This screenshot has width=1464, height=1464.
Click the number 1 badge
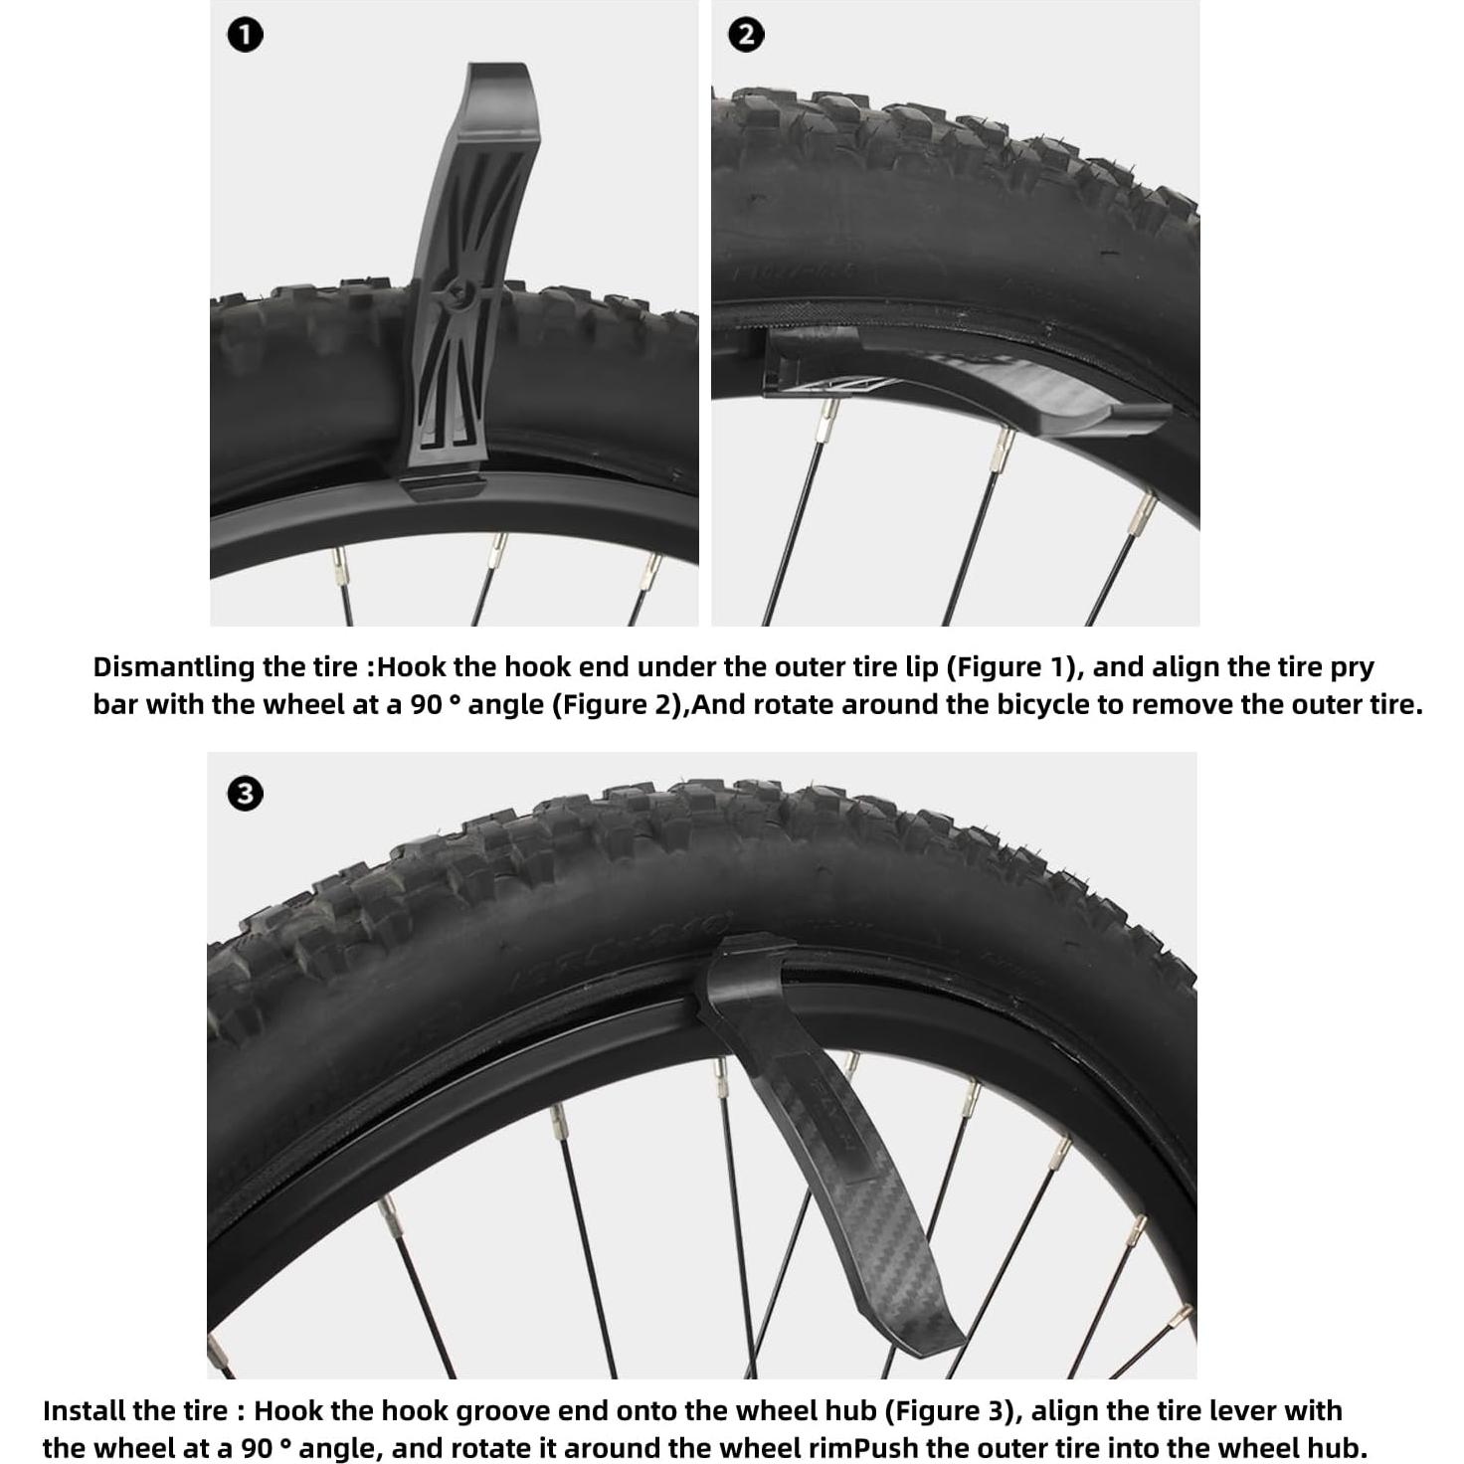point(246,36)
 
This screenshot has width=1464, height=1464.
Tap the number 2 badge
point(746,36)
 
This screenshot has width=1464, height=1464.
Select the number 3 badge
point(245,794)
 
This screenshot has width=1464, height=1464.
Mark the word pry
point(1354,667)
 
